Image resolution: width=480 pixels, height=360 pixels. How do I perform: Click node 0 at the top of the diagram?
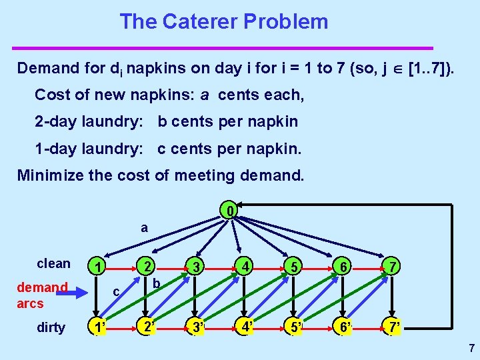(x=229, y=213)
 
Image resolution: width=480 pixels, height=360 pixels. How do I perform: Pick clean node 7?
(x=394, y=266)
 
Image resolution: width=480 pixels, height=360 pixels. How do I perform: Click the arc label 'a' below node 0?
(x=144, y=228)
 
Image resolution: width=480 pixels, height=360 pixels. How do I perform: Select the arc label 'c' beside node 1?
(x=116, y=291)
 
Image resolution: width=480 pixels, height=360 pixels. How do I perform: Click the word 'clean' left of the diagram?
(x=53, y=263)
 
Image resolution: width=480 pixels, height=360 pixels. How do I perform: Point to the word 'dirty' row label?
(x=51, y=327)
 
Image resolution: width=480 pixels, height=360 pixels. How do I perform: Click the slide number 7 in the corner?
(x=471, y=347)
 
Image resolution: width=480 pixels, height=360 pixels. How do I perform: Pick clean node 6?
(x=345, y=266)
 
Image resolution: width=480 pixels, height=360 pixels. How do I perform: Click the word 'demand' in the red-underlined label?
(x=42, y=287)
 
